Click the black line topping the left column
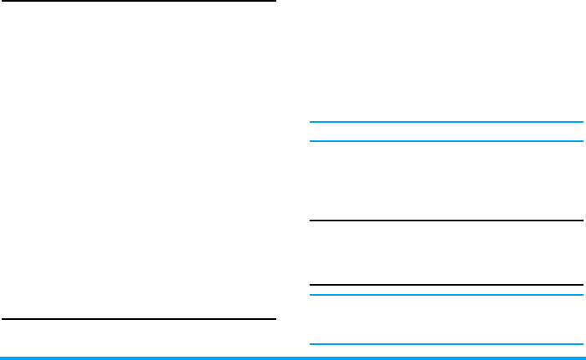[x=138, y=2]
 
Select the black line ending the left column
[x=138, y=319]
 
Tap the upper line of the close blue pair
[x=446, y=123]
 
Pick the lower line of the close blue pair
[x=446, y=141]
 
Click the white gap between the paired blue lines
[x=446, y=132]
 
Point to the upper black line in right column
[x=446, y=221]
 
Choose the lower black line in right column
[x=446, y=285]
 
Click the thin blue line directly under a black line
[x=446, y=294]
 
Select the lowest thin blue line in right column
[x=446, y=345]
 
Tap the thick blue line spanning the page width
[x=293, y=358]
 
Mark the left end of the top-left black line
[x=3, y=2]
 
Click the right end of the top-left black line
[x=274, y=2]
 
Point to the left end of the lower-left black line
[x=3, y=319]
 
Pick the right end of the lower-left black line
[x=274, y=319]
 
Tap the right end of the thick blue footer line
[x=583, y=358]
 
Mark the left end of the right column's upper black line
[x=311, y=221]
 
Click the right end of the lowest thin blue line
[x=581, y=345]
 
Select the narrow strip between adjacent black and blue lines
[x=446, y=290]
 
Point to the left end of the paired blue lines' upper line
[x=311, y=123]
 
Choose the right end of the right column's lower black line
[x=581, y=285]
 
